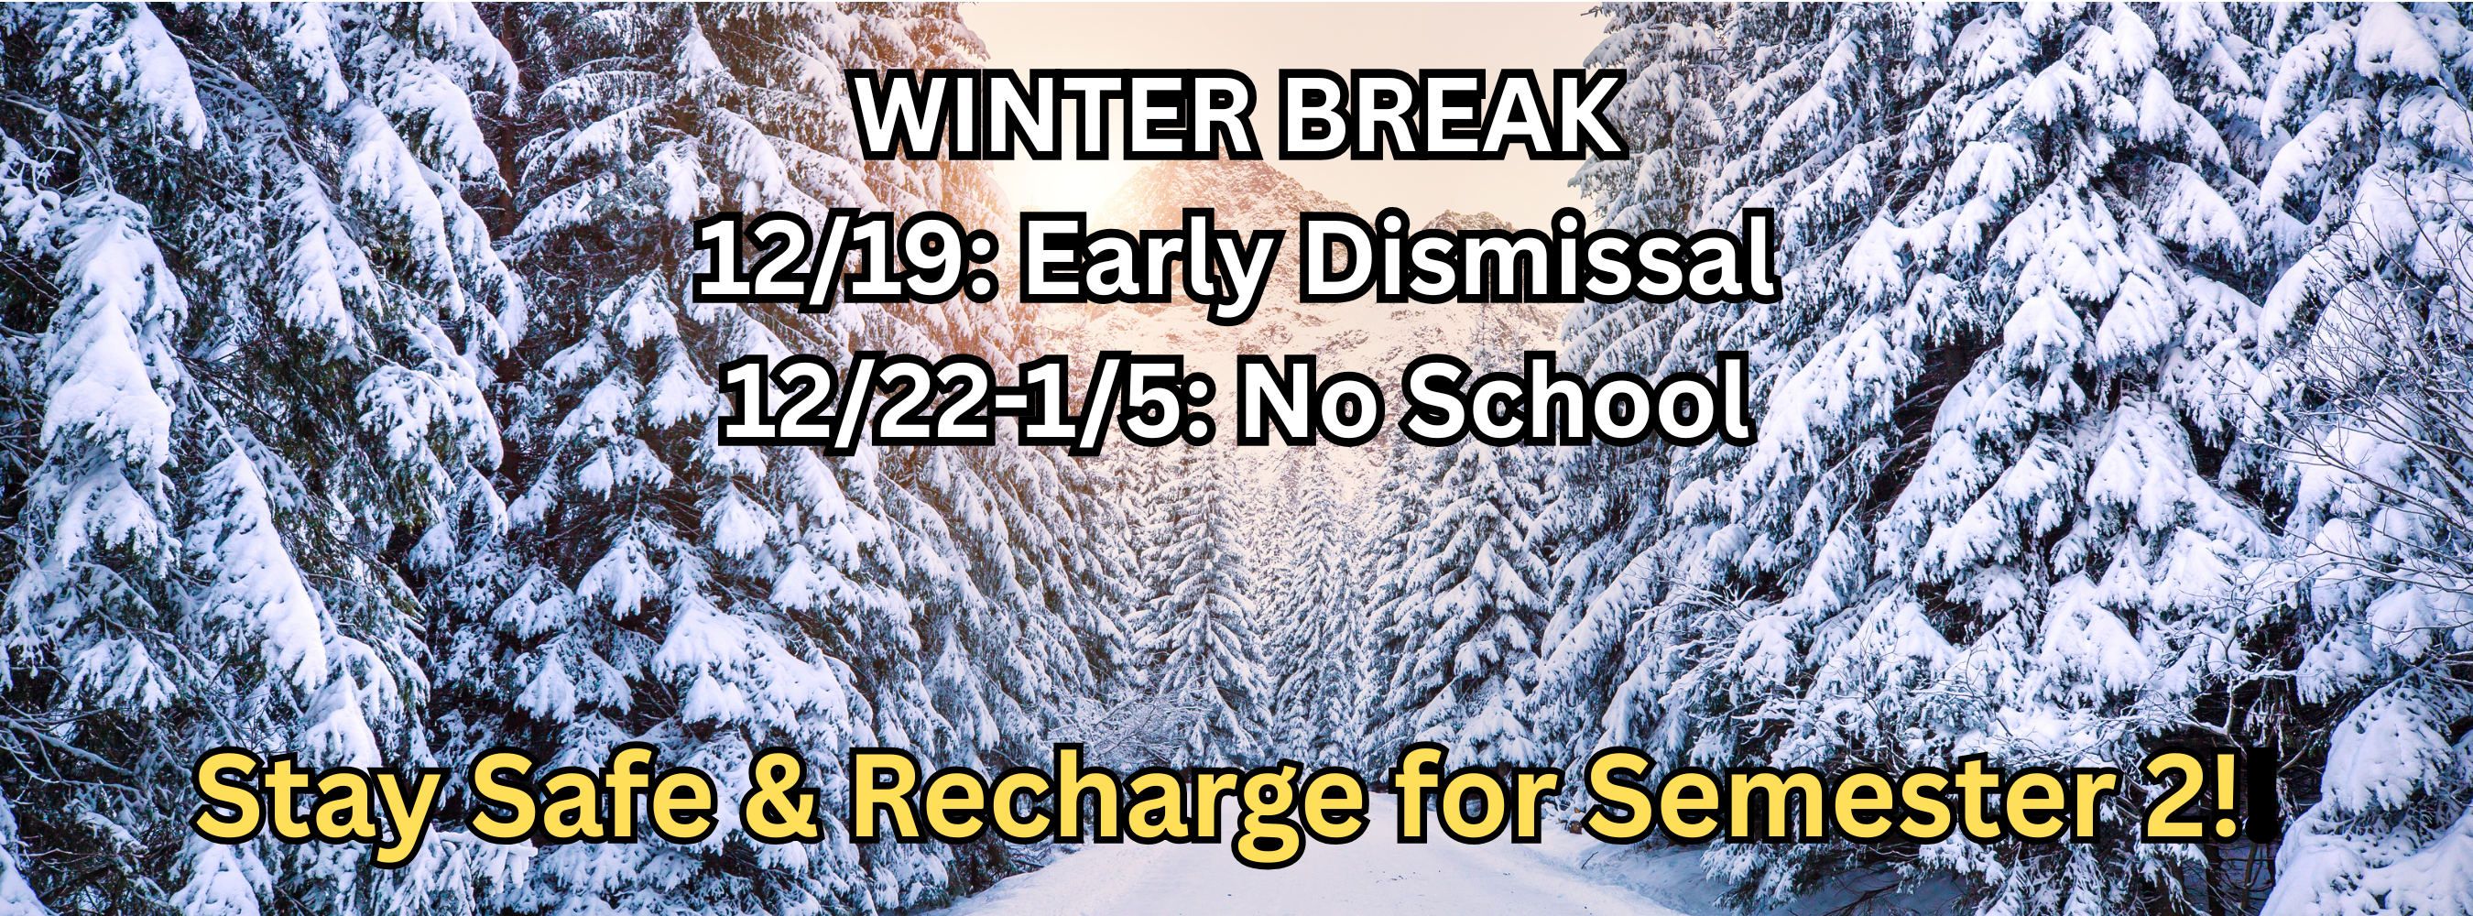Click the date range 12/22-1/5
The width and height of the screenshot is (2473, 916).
point(951,403)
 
